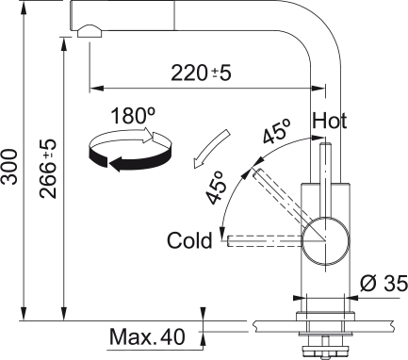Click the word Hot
(x=331, y=122)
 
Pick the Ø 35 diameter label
(x=384, y=282)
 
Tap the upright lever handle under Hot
(x=326, y=179)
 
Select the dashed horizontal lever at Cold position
(x=264, y=240)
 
